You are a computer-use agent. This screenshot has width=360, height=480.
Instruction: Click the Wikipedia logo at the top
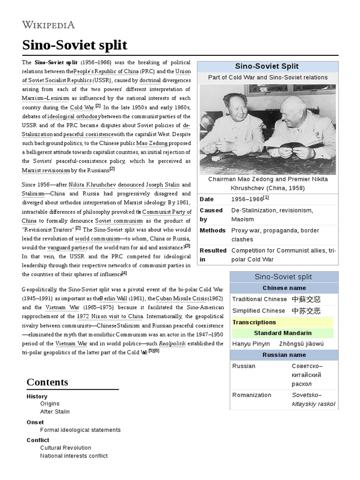click(x=48, y=24)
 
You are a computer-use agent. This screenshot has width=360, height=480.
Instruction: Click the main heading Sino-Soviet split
click(x=75, y=45)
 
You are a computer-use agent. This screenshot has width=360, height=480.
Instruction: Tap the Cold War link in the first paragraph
click(x=82, y=107)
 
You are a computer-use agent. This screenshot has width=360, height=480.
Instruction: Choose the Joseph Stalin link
click(x=162, y=185)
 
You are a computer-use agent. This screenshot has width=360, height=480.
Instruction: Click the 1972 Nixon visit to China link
click(x=110, y=316)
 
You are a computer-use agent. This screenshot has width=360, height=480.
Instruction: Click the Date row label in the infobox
click(x=207, y=199)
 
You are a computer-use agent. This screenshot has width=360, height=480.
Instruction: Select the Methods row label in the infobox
click(x=212, y=231)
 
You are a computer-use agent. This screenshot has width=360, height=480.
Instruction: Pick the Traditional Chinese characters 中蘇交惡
click(x=307, y=299)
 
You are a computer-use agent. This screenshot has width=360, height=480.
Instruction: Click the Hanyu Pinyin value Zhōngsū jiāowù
click(x=301, y=344)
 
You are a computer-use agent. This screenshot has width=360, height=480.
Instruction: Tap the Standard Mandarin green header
click(x=283, y=333)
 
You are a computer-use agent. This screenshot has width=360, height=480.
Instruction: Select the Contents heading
click(x=47, y=382)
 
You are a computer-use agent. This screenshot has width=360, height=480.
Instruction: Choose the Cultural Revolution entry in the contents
click(x=66, y=448)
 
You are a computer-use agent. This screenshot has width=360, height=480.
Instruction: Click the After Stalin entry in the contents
click(x=55, y=412)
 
